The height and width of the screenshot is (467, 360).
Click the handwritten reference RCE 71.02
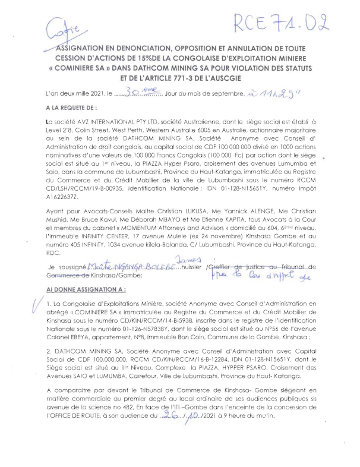pos(281,24)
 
